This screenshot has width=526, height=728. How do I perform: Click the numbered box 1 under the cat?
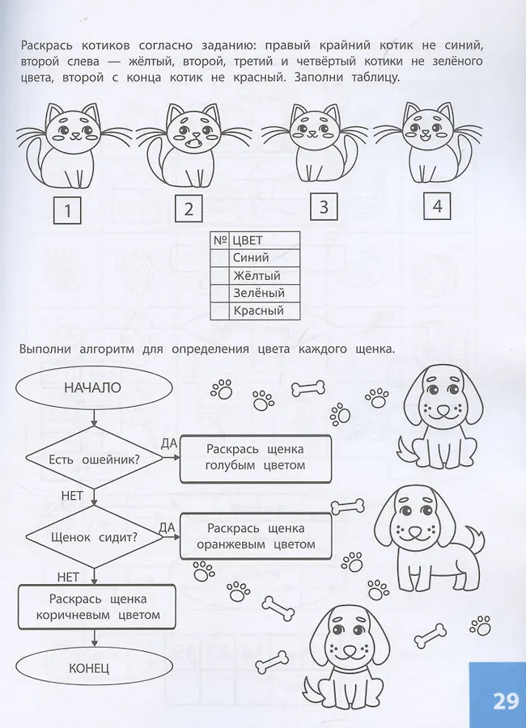(x=67, y=210)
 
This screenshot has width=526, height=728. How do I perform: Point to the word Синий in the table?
(x=251, y=258)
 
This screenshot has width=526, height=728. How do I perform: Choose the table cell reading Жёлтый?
(x=265, y=276)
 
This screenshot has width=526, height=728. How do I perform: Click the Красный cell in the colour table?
(x=265, y=311)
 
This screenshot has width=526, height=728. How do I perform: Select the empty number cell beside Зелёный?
(x=220, y=294)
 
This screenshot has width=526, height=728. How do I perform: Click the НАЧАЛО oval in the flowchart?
(x=93, y=387)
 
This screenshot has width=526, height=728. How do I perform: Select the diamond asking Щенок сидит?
(x=94, y=537)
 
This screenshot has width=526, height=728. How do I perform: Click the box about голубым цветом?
(x=256, y=458)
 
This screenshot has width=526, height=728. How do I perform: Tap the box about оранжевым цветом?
(x=256, y=536)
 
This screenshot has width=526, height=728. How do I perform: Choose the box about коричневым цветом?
(x=97, y=607)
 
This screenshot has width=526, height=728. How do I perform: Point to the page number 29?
(x=506, y=701)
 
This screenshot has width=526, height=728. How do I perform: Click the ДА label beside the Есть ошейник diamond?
(x=168, y=443)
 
